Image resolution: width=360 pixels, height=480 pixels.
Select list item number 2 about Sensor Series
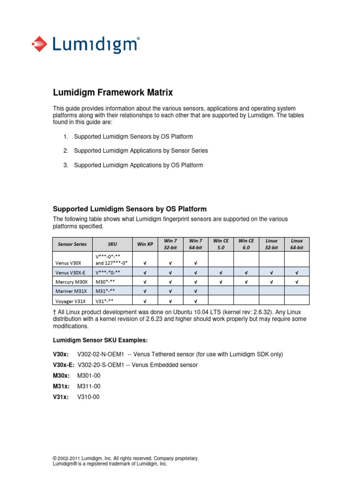click(141, 151)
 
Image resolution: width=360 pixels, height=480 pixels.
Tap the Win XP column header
click(145, 244)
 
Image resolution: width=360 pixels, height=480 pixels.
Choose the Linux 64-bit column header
click(297, 244)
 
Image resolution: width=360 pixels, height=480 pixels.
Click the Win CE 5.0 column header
click(221, 244)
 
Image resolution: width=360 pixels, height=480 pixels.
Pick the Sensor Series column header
click(72, 244)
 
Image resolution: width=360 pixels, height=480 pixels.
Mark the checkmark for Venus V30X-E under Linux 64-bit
click(297, 272)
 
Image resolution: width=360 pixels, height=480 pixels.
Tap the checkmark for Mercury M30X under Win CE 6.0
click(246, 281)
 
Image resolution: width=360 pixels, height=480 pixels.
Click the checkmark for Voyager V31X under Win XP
click(145, 300)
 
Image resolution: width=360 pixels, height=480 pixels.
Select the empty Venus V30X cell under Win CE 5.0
click(221, 259)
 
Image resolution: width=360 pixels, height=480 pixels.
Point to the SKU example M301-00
click(89, 375)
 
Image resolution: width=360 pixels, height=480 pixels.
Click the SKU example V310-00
click(89, 397)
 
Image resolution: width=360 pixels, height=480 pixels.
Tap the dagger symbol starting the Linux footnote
click(54, 312)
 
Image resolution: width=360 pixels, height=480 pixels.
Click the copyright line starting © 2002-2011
click(126, 458)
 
